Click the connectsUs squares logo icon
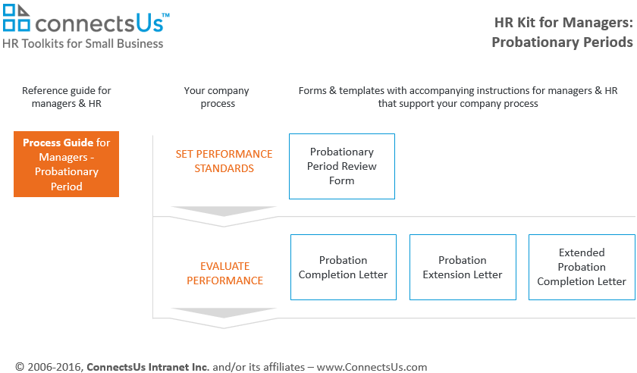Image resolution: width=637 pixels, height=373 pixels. pos(16,17)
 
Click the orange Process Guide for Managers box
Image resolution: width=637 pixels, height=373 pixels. pos(66,165)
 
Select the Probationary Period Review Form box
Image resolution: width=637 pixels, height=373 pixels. pos(342,166)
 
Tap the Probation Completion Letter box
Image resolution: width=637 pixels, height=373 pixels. pos(344,267)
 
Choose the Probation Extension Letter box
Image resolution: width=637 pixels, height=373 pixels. pos(463,267)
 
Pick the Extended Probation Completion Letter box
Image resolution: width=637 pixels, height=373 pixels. pos(582,267)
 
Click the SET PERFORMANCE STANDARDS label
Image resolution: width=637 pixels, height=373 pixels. pos(224,161)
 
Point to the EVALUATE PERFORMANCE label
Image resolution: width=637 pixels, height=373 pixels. pos(224,274)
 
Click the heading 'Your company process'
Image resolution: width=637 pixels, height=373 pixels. pos(217,97)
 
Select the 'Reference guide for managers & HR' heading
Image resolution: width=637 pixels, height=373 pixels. pos(66,97)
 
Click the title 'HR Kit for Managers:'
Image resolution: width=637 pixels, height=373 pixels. pos(563,23)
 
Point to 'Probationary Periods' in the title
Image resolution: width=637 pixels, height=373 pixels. pos(562,42)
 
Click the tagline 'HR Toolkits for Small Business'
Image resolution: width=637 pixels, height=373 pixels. pos(83,43)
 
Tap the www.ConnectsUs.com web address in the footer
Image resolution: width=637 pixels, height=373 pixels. pos(372,367)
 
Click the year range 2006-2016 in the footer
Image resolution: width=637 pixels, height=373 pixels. pos(55,367)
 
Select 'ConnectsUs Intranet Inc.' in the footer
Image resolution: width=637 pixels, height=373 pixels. pos(148,367)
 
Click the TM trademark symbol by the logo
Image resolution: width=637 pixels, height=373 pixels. pos(166,15)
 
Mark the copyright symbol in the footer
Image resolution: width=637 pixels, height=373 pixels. pos(20,367)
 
